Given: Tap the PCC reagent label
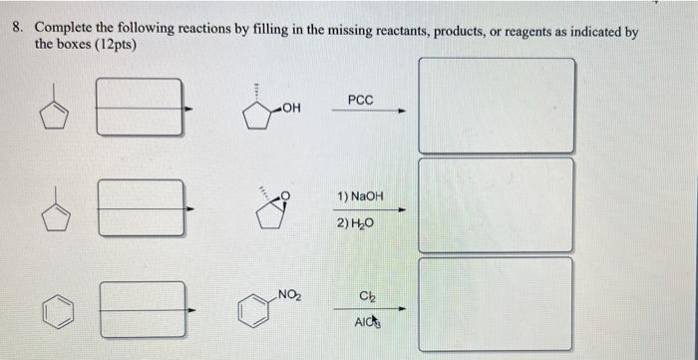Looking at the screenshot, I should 361,100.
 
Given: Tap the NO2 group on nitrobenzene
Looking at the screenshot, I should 290,294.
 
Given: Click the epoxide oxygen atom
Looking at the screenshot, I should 288,195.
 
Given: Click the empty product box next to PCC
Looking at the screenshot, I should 497,105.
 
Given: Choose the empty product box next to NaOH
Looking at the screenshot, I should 497,204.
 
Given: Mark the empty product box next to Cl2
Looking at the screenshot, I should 497,303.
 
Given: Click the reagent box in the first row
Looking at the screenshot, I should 141,110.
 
